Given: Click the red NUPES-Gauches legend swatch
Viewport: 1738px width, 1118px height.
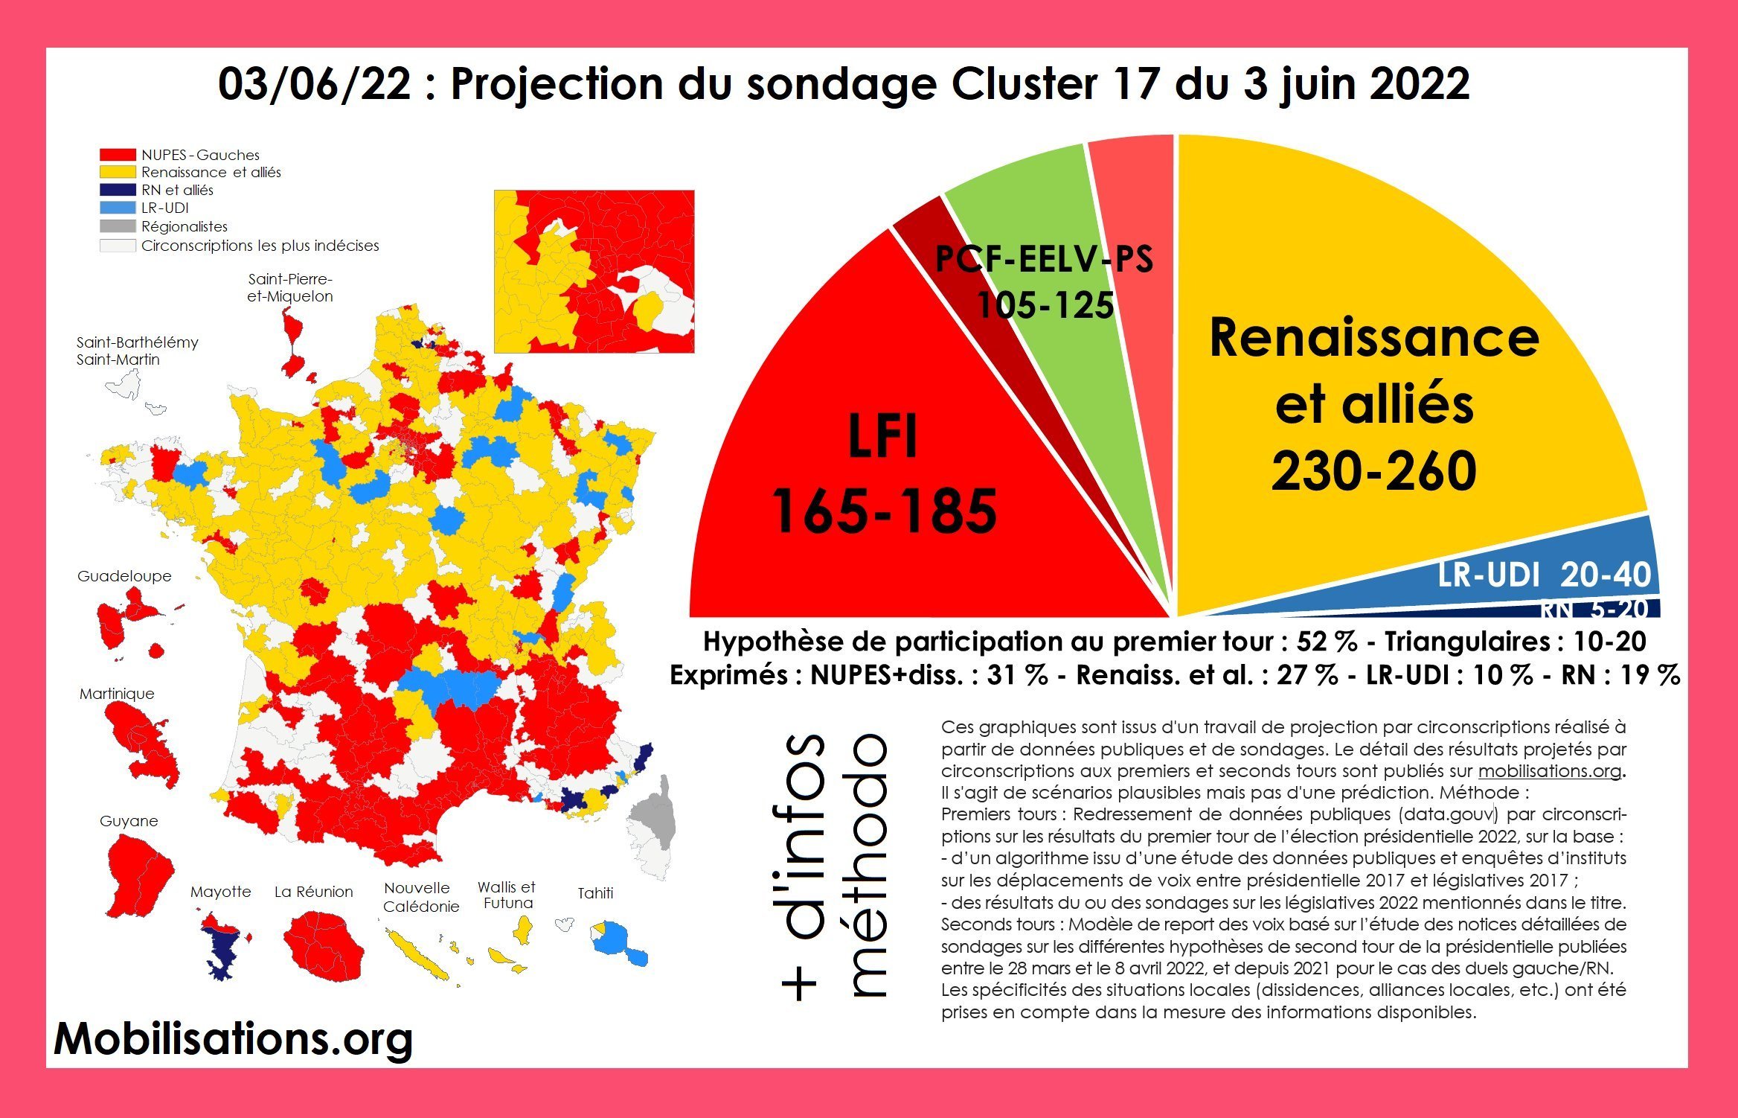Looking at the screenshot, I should click(x=118, y=155).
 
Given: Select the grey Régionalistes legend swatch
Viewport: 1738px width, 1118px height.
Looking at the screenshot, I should click(x=118, y=226).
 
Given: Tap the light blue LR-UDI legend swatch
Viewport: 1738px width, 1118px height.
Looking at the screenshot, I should click(x=118, y=208).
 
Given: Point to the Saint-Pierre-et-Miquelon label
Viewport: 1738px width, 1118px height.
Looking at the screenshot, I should click(x=290, y=288).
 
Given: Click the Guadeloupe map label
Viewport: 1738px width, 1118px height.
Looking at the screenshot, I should click(x=124, y=576).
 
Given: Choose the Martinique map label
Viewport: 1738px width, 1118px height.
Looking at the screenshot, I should click(x=117, y=694).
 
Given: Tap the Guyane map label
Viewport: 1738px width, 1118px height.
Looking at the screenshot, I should click(x=129, y=821).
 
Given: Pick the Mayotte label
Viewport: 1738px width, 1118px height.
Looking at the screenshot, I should click(x=220, y=892).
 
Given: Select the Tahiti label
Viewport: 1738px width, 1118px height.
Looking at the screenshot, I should click(x=595, y=893).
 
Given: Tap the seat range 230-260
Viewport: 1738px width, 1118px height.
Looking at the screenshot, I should click(x=1373, y=471).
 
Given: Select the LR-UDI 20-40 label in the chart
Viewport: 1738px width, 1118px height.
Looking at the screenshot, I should click(x=1544, y=575).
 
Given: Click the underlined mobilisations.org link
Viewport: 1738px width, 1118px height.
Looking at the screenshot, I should click(x=1549, y=771).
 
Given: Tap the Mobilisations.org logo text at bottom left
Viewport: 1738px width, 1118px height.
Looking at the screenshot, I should click(x=233, y=1039).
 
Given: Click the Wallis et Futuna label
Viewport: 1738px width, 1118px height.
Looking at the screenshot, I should click(x=507, y=895).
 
